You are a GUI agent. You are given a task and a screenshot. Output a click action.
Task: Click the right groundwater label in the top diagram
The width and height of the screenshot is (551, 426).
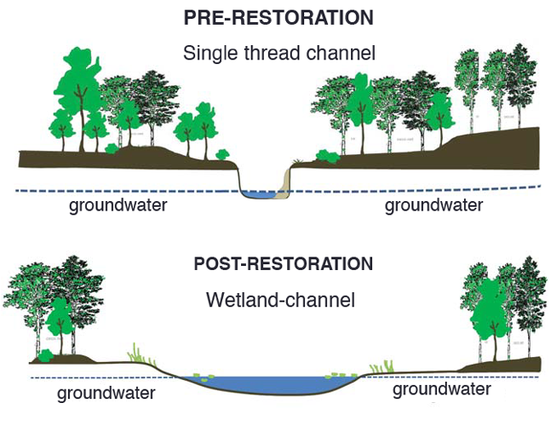pyautogui.click(x=434, y=205)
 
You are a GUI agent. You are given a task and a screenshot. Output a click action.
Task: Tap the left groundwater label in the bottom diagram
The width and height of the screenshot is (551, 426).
pyautogui.click(x=106, y=393)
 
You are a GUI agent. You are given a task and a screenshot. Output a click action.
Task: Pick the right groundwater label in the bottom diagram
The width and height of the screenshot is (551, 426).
pyautogui.click(x=442, y=389)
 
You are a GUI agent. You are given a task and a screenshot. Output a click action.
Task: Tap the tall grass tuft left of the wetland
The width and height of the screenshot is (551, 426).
pyautogui.click(x=137, y=353)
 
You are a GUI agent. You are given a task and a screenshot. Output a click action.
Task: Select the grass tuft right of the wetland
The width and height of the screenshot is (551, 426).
pyautogui.click(x=387, y=366)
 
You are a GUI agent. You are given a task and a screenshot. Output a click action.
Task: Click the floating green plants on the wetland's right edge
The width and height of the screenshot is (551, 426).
pyautogui.click(x=337, y=376)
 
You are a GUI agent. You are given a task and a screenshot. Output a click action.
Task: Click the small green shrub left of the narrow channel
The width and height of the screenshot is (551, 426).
pyautogui.click(x=223, y=155)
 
